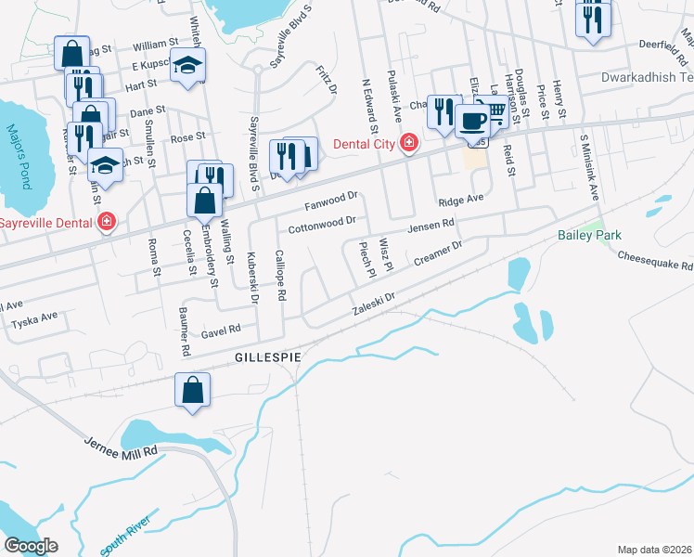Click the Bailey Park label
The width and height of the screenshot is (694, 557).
(x=589, y=235)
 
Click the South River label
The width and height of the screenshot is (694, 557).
(x=124, y=539)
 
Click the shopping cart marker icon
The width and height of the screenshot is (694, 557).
(x=495, y=111)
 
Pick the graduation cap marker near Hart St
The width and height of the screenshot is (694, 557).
(x=188, y=65)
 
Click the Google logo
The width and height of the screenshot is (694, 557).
(x=31, y=545)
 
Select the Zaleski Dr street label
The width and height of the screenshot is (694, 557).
(x=374, y=304)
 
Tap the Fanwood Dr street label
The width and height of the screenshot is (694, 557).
(x=331, y=201)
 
